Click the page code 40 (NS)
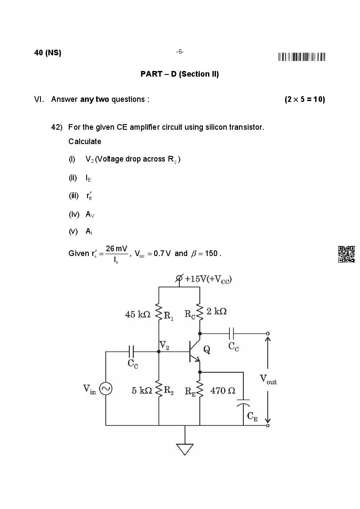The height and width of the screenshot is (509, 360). [x=47, y=53]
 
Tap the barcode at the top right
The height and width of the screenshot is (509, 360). [x=302, y=57]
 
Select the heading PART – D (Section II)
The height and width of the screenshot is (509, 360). [x=179, y=74]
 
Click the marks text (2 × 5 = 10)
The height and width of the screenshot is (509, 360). [x=305, y=99]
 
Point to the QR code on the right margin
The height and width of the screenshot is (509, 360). [x=346, y=254]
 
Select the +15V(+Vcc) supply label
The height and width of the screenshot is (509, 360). [x=208, y=279]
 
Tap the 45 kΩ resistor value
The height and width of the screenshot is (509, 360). [x=138, y=314]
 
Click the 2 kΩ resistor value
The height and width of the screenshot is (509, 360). [x=216, y=311]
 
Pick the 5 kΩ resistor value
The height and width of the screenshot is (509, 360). [x=142, y=391]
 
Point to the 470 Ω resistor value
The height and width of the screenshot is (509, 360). [x=223, y=391]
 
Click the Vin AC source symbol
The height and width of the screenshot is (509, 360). [x=106, y=388]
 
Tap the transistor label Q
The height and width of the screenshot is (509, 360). [x=207, y=350]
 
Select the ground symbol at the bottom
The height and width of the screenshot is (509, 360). [x=185, y=448]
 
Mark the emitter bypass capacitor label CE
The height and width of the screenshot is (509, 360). [x=252, y=417]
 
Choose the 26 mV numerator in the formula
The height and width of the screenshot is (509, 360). [x=116, y=249]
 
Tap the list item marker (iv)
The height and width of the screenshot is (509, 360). [x=74, y=214]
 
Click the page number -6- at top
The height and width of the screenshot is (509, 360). [x=180, y=52]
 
